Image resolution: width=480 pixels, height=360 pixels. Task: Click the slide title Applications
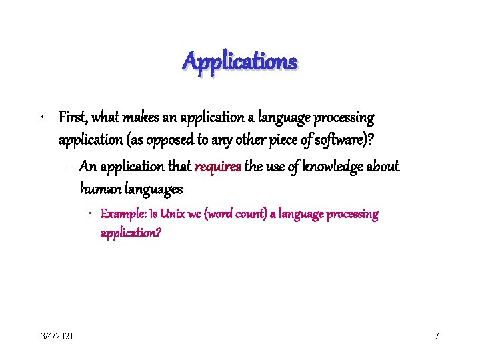(240, 62)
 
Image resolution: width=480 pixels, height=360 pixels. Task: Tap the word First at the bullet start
(72, 118)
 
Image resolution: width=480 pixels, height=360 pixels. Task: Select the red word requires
(219, 166)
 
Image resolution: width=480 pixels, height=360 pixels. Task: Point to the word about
(383, 166)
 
